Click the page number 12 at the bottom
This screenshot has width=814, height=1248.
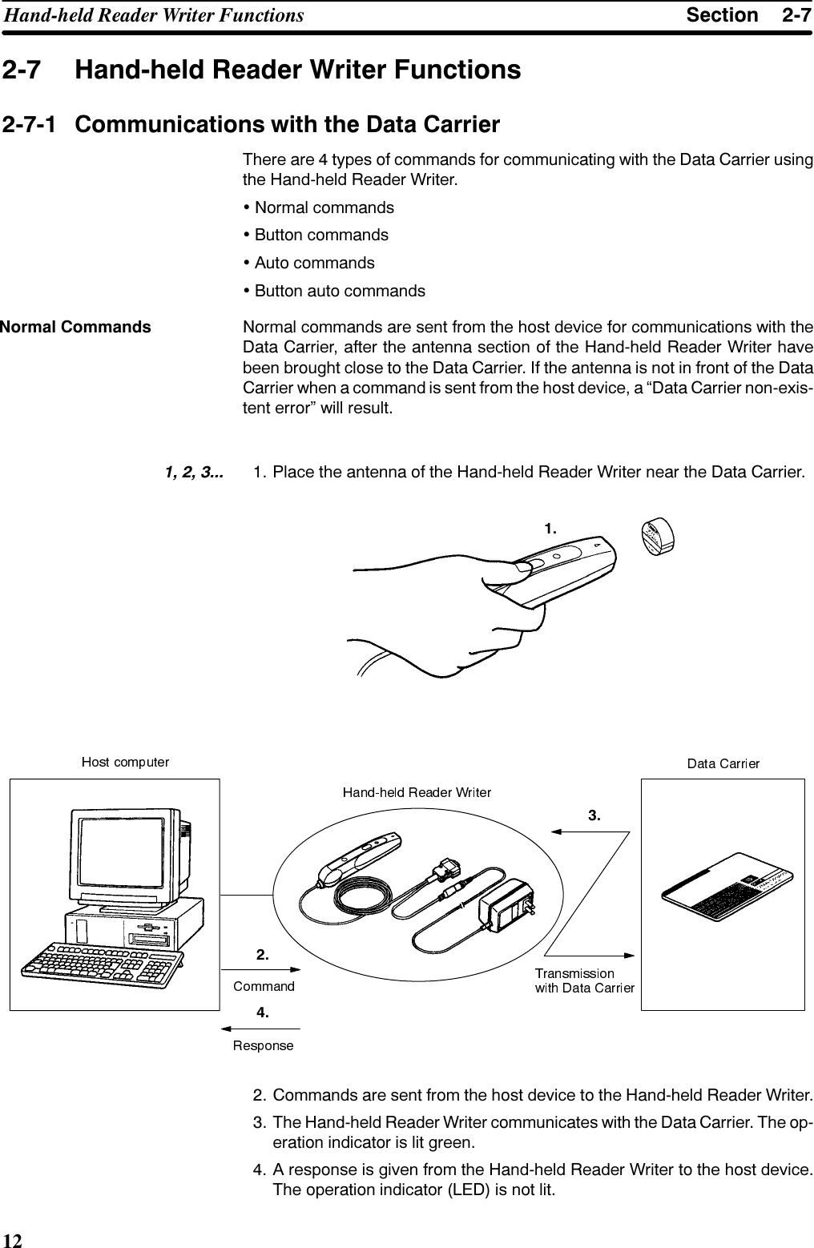coord(12,1241)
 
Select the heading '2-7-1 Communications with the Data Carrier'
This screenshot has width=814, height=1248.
coord(252,126)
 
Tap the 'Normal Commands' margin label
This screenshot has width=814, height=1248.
coord(75,327)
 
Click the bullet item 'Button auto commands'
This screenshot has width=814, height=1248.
coord(340,290)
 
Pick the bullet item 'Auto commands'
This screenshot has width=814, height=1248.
coord(314,263)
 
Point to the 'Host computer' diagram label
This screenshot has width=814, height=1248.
coord(126,762)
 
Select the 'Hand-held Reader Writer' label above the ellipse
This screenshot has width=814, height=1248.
coord(417,792)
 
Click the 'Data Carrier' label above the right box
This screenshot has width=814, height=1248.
coord(723,763)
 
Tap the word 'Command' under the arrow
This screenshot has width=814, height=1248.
coord(264,986)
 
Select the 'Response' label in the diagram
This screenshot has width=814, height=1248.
coord(263,1045)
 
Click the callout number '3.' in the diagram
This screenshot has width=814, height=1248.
coord(594,815)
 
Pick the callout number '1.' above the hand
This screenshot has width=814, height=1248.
coord(550,528)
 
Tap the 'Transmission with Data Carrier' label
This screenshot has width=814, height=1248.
coord(584,980)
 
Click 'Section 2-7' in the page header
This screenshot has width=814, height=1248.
coord(748,15)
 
